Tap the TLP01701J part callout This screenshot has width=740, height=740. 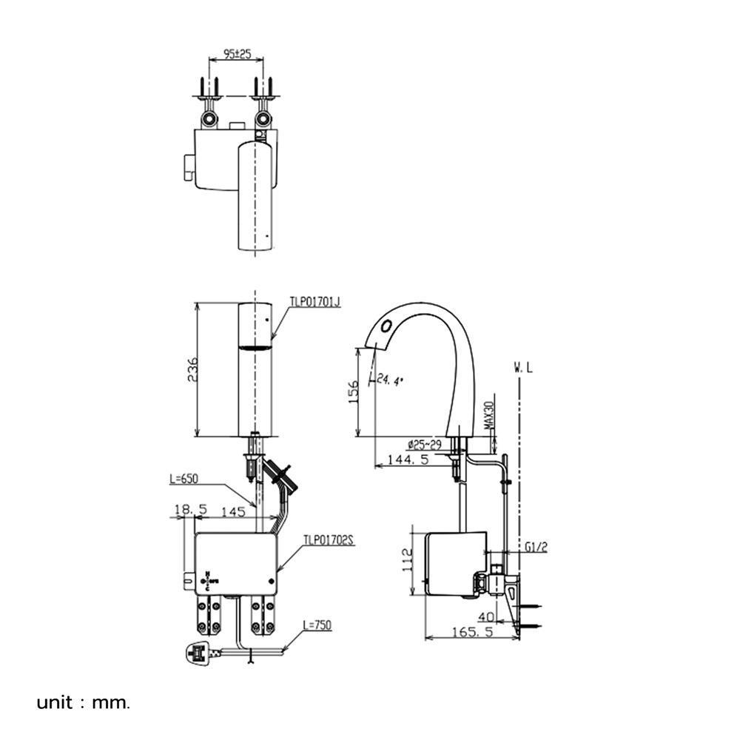pyautogui.click(x=314, y=302)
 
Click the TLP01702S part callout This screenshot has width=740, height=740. pyautogui.click(x=329, y=541)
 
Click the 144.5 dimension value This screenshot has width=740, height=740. pyautogui.click(x=408, y=460)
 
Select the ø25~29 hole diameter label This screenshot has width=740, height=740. pyautogui.click(x=424, y=444)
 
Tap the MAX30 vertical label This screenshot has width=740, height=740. pyautogui.click(x=488, y=417)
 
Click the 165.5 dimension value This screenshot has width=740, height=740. pyautogui.click(x=471, y=633)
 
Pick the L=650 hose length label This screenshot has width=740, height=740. pyautogui.click(x=185, y=479)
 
